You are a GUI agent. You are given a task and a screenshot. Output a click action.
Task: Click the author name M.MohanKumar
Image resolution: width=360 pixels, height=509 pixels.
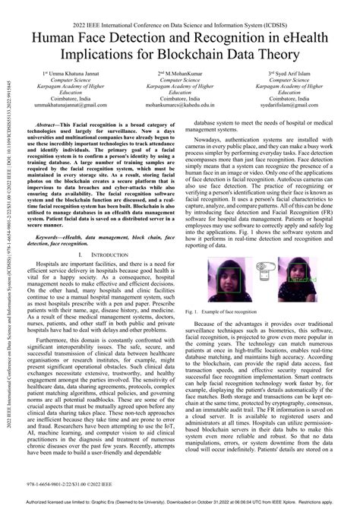coord(181,73)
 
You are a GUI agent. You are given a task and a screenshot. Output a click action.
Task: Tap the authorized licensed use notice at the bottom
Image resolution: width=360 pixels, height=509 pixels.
coord(180,501)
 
